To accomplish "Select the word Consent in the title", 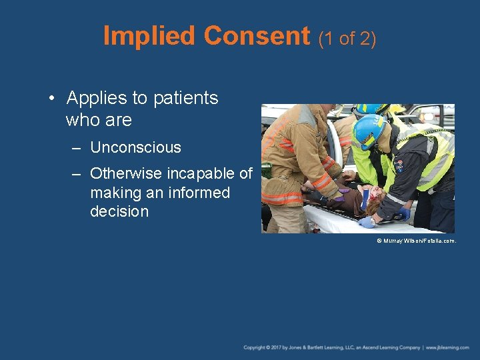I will (x=257, y=36).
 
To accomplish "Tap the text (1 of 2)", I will (x=347, y=39).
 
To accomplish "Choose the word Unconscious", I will (x=135, y=147).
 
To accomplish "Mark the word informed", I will (x=198, y=193).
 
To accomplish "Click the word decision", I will (x=119, y=211).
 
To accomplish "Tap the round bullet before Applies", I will (x=51, y=99).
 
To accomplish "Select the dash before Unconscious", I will (x=77, y=148).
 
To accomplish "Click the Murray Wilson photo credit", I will (x=416, y=240).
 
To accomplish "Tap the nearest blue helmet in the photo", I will (x=369, y=130).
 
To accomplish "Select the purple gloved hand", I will (x=343, y=191).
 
